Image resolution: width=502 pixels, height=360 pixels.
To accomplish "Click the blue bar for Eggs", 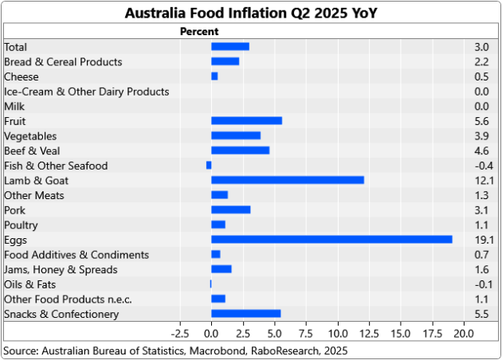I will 331,240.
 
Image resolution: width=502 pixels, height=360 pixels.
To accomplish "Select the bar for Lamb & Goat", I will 288,180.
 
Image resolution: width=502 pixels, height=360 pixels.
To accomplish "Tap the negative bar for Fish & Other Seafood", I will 209,166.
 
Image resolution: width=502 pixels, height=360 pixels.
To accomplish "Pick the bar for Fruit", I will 246,121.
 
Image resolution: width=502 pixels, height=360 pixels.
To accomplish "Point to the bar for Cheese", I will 214,76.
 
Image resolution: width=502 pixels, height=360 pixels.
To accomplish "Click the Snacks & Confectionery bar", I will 245,314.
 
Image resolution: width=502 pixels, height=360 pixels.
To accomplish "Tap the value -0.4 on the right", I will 484,166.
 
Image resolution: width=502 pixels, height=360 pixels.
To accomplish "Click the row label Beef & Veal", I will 32,151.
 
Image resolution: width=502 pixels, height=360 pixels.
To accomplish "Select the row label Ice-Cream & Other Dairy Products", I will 86,92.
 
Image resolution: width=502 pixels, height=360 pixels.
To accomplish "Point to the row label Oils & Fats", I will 29,284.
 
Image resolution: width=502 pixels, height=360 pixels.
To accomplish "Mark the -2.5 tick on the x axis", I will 179,332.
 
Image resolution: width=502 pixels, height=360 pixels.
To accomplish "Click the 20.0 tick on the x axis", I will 465,332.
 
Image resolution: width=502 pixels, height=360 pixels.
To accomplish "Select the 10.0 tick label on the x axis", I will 338,332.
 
